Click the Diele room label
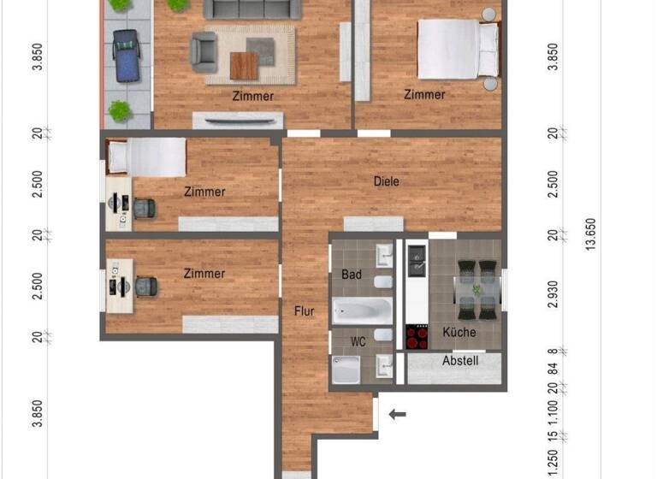click(x=387, y=181)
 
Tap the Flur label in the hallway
click(x=305, y=311)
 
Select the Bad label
click(x=352, y=275)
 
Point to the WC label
click(x=358, y=341)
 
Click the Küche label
click(x=459, y=332)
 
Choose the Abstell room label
click(x=460, y=361)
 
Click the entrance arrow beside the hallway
click(x=397, y=416)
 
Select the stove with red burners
click(x=417, y=337)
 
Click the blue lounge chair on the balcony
click(x=127, y=55)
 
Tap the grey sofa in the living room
click(x=252, y=9)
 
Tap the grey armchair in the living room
click(x=204, y=50)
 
